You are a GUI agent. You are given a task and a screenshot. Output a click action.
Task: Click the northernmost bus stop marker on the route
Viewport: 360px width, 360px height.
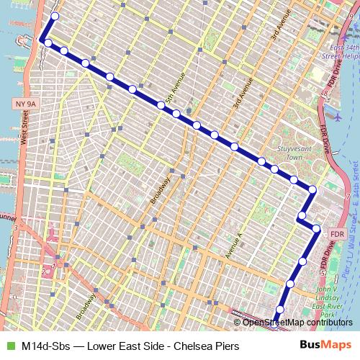point(54,15)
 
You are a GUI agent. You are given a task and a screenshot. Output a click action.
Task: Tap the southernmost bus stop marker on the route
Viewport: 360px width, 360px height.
point(279,310)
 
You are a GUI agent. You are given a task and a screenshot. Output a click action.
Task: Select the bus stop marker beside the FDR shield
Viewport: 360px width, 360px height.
point(316,229)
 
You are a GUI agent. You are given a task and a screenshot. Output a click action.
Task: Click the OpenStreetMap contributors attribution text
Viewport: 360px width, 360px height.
point(297,322)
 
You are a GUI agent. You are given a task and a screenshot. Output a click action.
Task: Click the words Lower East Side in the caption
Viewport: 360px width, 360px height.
point(125,346)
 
